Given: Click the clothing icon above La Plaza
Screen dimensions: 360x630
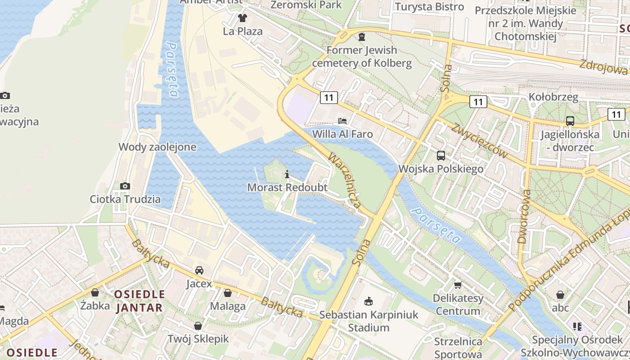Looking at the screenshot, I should point(243,18).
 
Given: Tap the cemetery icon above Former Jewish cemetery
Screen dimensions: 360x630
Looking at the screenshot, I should point(361,36).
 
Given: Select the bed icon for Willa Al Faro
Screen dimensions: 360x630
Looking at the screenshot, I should point(342,121).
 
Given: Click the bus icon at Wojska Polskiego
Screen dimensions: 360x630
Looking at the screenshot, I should point(441,156).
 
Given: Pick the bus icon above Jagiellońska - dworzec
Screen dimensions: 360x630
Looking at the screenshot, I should point(570,121).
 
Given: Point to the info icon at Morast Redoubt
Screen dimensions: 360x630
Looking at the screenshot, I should point(287,175).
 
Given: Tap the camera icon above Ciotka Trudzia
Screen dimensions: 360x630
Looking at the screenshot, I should point(125,186).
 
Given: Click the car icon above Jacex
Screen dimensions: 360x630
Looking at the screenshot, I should point(199,270).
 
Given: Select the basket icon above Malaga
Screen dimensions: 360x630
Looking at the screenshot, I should point(228,293).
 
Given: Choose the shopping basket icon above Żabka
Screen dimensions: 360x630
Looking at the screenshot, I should point(95,292).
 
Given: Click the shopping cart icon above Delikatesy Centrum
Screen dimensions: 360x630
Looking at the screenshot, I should point(458,285).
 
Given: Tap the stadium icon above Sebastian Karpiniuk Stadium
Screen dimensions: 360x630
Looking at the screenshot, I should point(369,301).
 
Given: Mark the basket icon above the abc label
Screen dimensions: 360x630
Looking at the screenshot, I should point(560,295).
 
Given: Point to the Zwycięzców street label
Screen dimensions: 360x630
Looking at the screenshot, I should point(480,140).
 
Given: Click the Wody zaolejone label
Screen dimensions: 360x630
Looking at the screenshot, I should point(157,147).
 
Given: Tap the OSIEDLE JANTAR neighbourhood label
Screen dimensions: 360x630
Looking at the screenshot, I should point(139,301).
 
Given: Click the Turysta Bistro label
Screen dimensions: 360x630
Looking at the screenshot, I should point(429,7).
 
